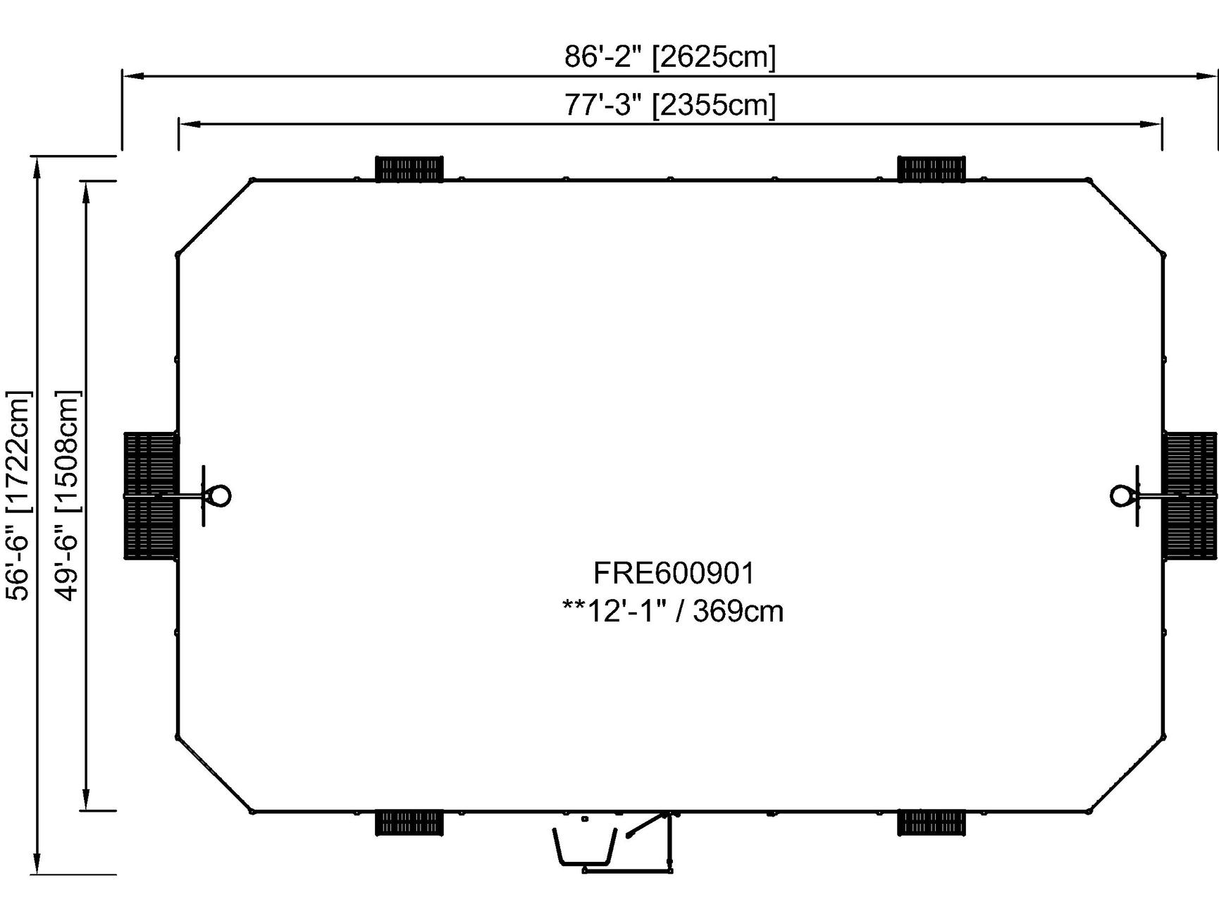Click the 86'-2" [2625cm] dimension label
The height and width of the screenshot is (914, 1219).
[x=669, y=56]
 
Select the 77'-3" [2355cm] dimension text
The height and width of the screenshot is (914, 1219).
[x=669, y=106]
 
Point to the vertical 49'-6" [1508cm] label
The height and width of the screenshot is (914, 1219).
[x=68, y=495]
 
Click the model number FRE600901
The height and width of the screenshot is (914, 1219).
[x=674, y=573]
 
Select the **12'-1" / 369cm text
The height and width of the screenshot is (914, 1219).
[x=673, y=610]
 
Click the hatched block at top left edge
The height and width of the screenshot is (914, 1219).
[x=409, y=169]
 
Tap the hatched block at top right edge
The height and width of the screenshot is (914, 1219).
[x=932, y=169]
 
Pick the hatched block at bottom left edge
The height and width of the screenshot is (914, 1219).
[x=409, y=823]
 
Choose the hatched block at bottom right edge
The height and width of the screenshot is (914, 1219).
[x=932, y=823]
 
